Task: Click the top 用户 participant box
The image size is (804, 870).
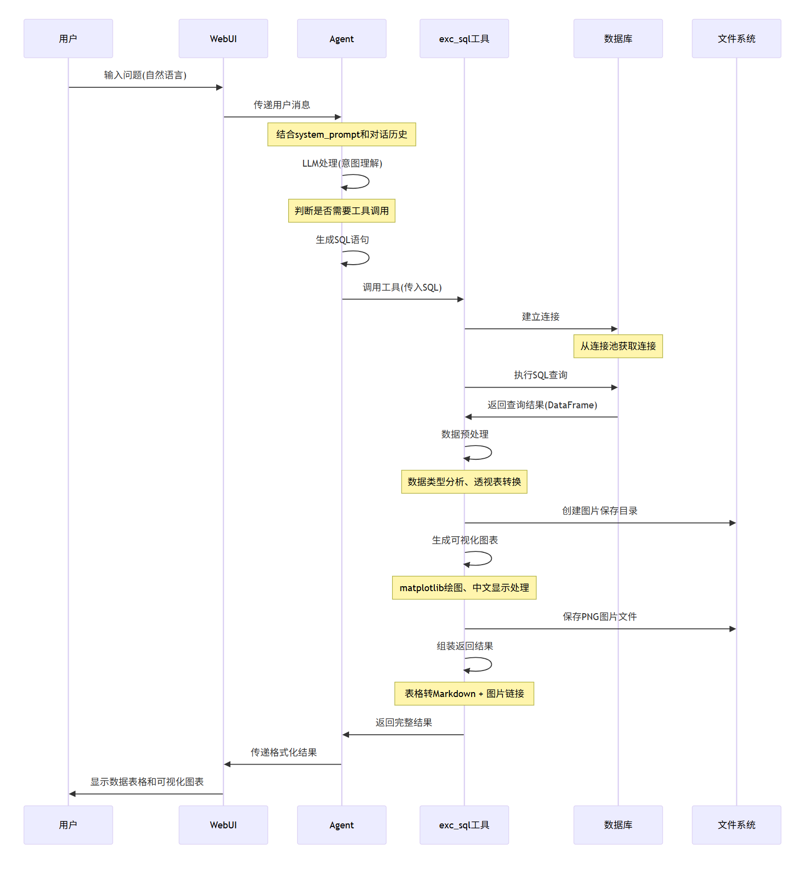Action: click(x=68, y=39)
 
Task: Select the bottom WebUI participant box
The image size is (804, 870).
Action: click(x=223, y=825)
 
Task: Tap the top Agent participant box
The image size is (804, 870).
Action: click(x=341, y=39)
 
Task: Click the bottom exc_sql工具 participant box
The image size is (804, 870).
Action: click(x=464, y=825)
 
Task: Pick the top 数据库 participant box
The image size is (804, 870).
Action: click(x=618, y=39)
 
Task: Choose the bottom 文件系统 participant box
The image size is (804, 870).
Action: click(x=736, y=825)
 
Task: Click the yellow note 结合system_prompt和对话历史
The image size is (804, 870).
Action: click(x=341, y=134)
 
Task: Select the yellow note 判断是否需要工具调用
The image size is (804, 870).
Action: click(x=341, y=211)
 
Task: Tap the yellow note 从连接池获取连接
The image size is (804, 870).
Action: click(x=618, y=346)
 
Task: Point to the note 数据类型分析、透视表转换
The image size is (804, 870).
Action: click(x=464, y=482)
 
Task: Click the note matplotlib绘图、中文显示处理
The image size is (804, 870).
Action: click(x=464, y=588)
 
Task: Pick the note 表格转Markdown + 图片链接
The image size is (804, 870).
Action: click(x=464, y=694)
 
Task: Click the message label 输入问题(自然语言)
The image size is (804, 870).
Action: click(x=145, y=75)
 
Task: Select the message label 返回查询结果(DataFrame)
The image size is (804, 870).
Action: click(x=542, y=405)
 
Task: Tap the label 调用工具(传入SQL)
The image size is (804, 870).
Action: click(x=402, y=287)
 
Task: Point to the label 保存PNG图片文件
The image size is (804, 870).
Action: click(x=599, y=617)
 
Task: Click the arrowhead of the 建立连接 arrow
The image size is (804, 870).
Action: click(x=614, y=329)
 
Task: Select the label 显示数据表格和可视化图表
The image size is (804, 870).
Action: click(x=147, y=782)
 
